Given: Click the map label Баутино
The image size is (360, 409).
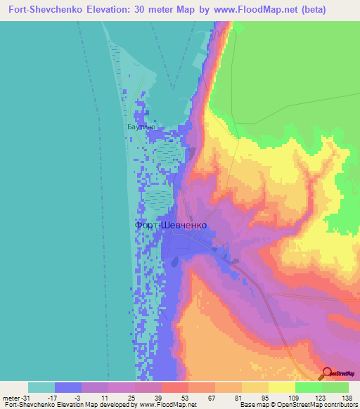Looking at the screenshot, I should [x=141, y=128].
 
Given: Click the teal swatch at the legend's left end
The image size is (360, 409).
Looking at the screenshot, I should [x=41, y=387].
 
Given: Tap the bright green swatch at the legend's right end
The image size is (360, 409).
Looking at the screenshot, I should [x=335, y=387].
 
